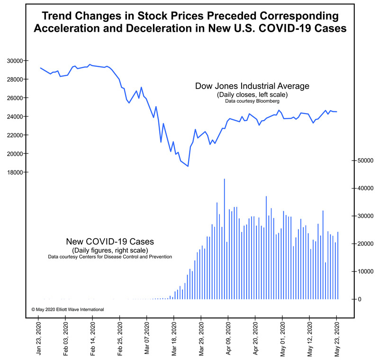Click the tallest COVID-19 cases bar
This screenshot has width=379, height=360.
click(x=224, y=239)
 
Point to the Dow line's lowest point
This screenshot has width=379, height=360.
click(x=188, y=166)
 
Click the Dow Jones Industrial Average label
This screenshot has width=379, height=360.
click(x=252, y=86)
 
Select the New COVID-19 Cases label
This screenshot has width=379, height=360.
click(x=109, y=242)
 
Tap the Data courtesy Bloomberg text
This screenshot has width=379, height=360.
click(x=252, y=101)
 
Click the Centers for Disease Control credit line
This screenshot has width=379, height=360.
click(x=109, y=257)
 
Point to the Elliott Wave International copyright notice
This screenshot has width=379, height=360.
click(x=68, y=309)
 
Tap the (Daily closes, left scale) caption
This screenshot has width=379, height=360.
click(x=252, y=95)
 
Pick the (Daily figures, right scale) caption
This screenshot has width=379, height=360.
click(x=109, y=250)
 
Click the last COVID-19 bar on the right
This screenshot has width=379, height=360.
click(x=338, y=265)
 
